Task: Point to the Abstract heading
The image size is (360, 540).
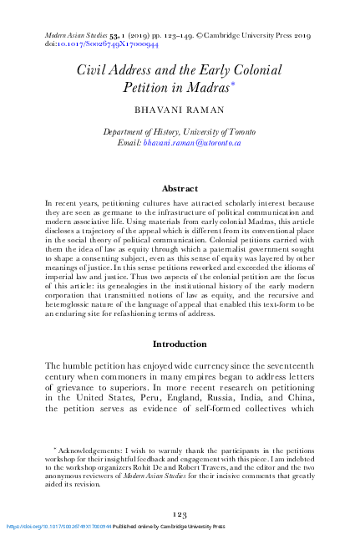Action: tap(180, 189)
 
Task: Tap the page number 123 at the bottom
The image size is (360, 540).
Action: tap(180, 514)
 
